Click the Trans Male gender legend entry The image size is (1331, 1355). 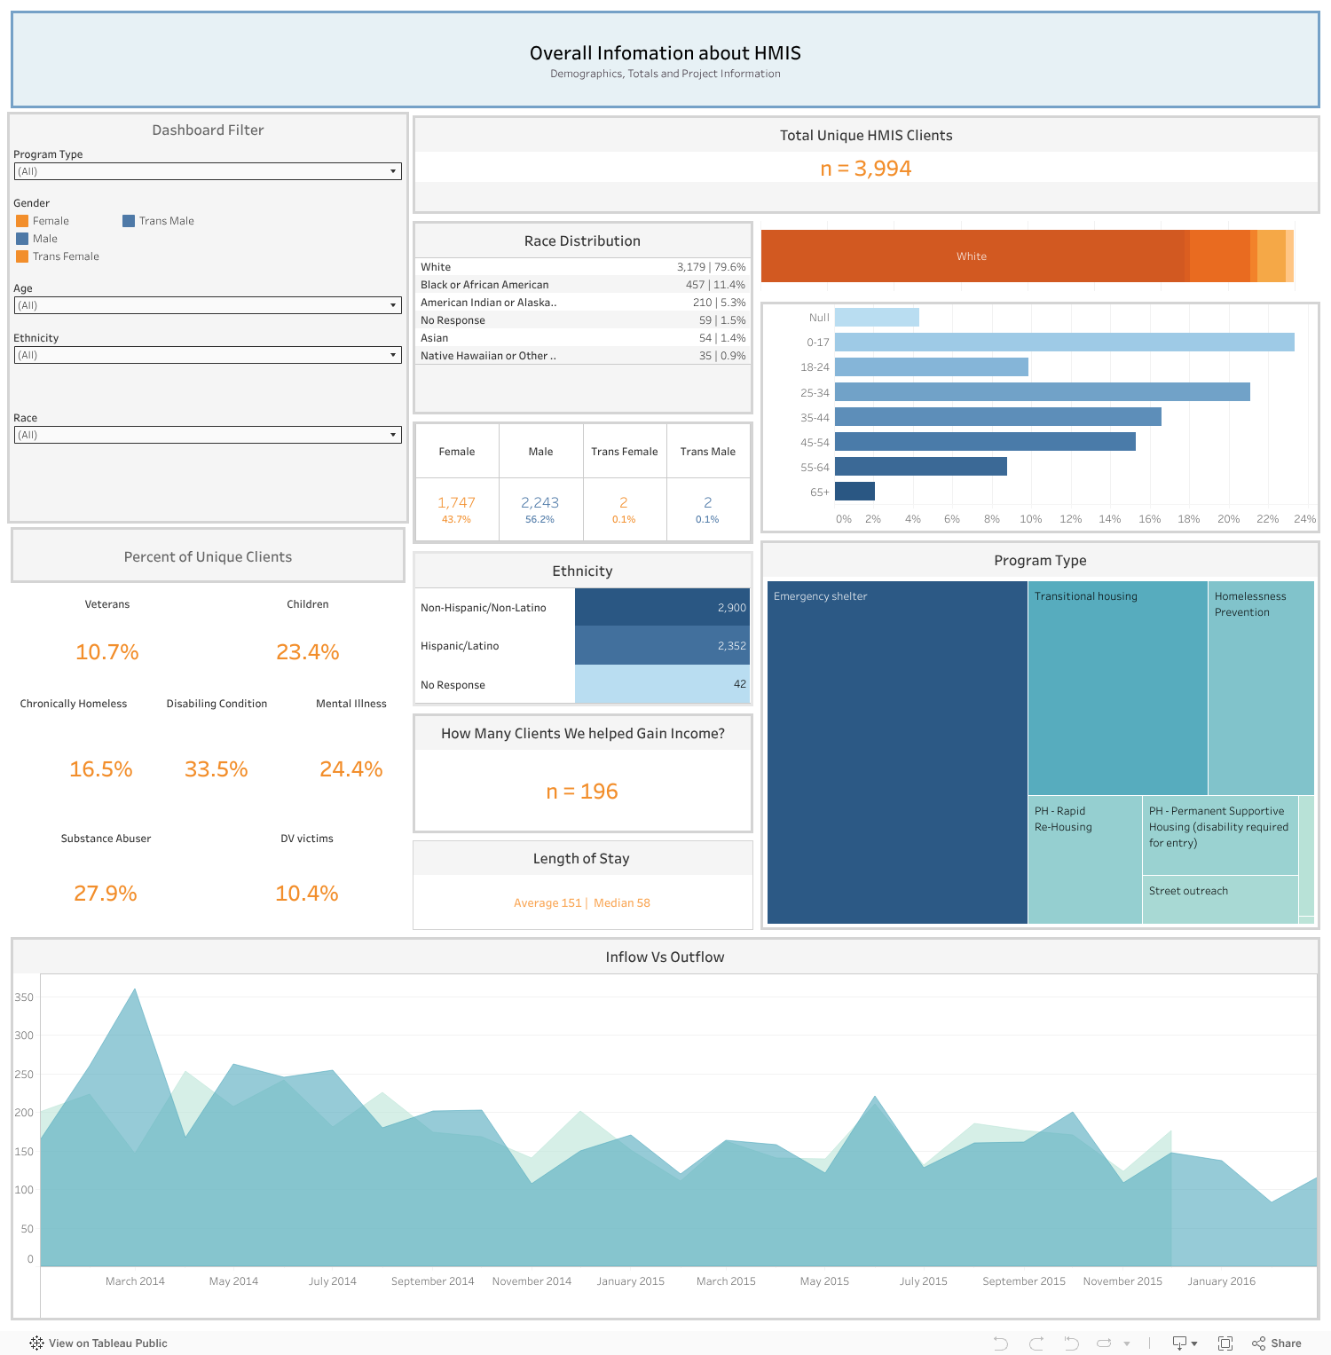tap(166, 221)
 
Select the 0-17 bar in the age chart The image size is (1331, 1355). tap(1064, 342)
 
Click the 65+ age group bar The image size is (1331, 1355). tap(855, 491)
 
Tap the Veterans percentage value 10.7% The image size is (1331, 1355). tap(107, 652)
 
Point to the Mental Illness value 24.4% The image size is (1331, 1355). tap(350, 769)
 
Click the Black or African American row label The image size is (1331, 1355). tap(484, 285)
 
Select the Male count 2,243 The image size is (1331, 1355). tap(539, 502)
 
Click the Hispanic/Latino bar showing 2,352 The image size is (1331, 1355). tap(662, 645)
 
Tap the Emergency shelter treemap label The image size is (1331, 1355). tap(820, 596)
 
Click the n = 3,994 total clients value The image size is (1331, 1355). tap(865, 169)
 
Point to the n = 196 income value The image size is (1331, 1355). tap(582, 792)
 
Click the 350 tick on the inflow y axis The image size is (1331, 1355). tap(24, 997)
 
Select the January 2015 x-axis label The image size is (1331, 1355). tap(630, 1281)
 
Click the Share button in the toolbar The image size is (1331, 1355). tap(1277, 1343)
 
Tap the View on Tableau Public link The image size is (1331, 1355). tap(98, 1343)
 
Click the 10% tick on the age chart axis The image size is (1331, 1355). tap(1030, 519)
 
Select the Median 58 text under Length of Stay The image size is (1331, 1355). tap(621, 903)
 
